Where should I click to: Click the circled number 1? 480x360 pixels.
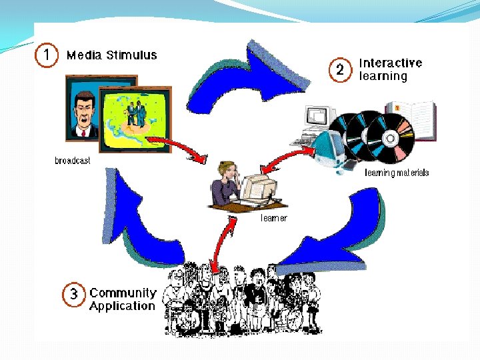point(46,55)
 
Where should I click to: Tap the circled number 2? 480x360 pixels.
point(339,70)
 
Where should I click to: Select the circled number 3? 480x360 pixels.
point(73,294)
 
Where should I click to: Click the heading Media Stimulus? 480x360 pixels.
point(112,55)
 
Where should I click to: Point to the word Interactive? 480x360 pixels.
point(391,63)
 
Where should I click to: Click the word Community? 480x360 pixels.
point(123,293)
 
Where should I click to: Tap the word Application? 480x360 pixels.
point(122,306)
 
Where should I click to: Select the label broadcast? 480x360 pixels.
point(73,161)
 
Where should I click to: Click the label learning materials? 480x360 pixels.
point(397,173)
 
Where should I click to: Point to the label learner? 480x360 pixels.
point(273,218)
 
